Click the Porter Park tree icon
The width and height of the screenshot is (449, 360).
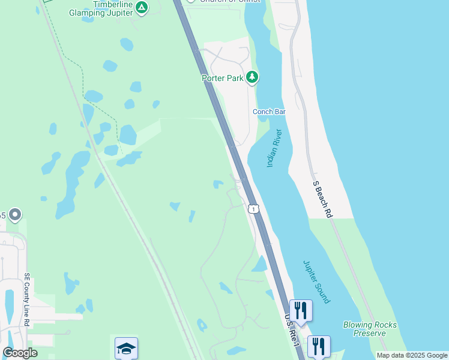[x=253, y=77]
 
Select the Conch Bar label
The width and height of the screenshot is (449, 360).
[x=268, y=112]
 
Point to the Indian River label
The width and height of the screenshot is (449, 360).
[x=274, y=148]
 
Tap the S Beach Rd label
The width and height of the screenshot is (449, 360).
[x=321, y=199]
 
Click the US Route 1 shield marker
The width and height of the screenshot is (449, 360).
[x=254, y=209]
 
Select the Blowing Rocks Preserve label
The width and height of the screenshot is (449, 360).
[x=370, y=329]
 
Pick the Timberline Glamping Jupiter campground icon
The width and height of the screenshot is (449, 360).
[x=141, y=8]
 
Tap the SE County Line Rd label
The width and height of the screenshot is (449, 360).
[x=27, y=301]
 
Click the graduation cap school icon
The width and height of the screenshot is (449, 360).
[x=126, y=348]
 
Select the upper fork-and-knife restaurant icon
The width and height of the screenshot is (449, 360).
[x=301, y=310]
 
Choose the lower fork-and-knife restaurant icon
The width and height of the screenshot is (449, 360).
[x=318, y=346]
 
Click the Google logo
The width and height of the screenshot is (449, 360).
[x=20, y=353]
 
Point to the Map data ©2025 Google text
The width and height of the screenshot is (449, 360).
[x=412, y=356]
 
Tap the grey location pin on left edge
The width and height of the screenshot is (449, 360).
[x=15, y=214]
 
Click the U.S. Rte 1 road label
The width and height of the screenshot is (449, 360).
[x=291, y=329]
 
